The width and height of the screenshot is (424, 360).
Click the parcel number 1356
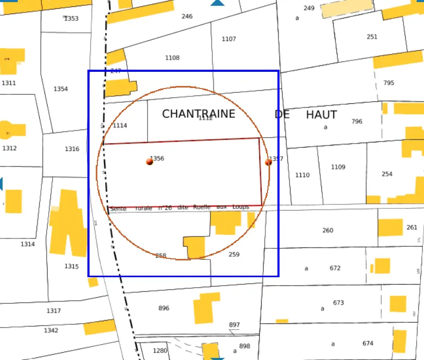(x=158, y=158)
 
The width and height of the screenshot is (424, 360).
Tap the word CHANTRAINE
(x=198, y=114)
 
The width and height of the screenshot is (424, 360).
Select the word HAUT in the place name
(x=321, y=114)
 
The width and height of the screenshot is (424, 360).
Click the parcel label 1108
(x=172, y=58)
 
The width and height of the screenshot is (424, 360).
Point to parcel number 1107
(x=229, y=39)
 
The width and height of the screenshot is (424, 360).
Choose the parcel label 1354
(x=61, y=89)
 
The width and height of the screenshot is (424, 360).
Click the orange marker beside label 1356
(x=150, y=161)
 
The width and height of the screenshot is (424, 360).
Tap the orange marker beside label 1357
(x=269, y=162)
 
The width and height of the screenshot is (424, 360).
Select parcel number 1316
(x=72, y=149)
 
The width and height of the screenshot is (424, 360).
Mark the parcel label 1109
(x=338, y=167)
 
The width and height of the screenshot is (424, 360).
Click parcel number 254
(x=387, y=174)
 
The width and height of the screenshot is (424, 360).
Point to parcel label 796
(x=356, y=122)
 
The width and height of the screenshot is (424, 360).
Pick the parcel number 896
(x=164, y=308)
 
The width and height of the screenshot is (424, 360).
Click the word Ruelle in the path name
(x=202, y=207)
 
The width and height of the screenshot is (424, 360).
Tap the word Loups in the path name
(x=241, y=207)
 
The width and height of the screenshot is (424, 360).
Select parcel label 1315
(x=72, y=266)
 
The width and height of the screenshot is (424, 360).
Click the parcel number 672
(x=335, y=268)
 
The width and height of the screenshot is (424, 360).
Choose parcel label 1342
(x=51, y=330)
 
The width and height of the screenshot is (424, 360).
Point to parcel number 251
(x=372, y=37)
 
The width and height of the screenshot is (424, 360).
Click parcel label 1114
(x=120, y=125)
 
